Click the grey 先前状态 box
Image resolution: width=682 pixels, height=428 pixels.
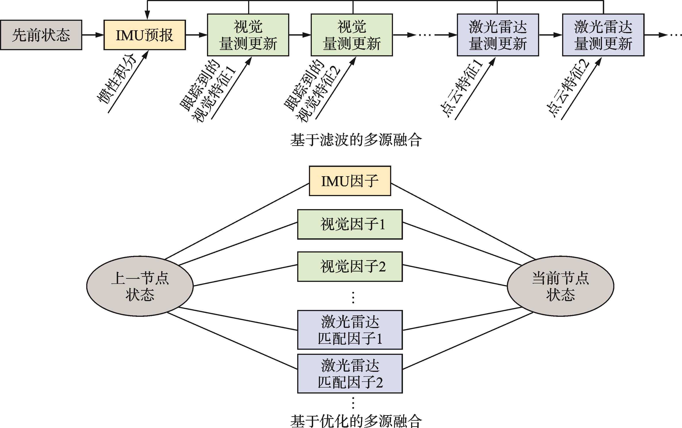tap(41, 35)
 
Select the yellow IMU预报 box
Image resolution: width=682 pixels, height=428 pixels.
tap(145, 35)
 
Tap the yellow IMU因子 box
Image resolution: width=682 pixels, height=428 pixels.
tap(350, 181)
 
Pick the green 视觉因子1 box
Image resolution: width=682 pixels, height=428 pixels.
tap(350, 224)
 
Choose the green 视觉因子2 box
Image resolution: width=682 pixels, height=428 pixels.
tap(350, 267)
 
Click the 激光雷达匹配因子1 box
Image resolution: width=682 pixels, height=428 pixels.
tap(350, 330)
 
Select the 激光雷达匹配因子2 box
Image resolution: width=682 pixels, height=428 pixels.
tap(350, 374)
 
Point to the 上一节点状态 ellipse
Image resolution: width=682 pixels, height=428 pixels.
tap(140, 286)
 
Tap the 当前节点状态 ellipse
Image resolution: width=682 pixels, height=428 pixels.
tap(560, 286)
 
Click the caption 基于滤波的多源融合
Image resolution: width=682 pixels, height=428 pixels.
tap(356, 140)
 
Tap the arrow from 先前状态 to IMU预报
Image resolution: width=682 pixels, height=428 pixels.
tap(93, 35)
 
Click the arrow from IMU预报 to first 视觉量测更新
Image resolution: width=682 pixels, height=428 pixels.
tap(196, 35)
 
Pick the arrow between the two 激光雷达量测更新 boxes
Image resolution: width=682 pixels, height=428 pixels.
tap(550, 35)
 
